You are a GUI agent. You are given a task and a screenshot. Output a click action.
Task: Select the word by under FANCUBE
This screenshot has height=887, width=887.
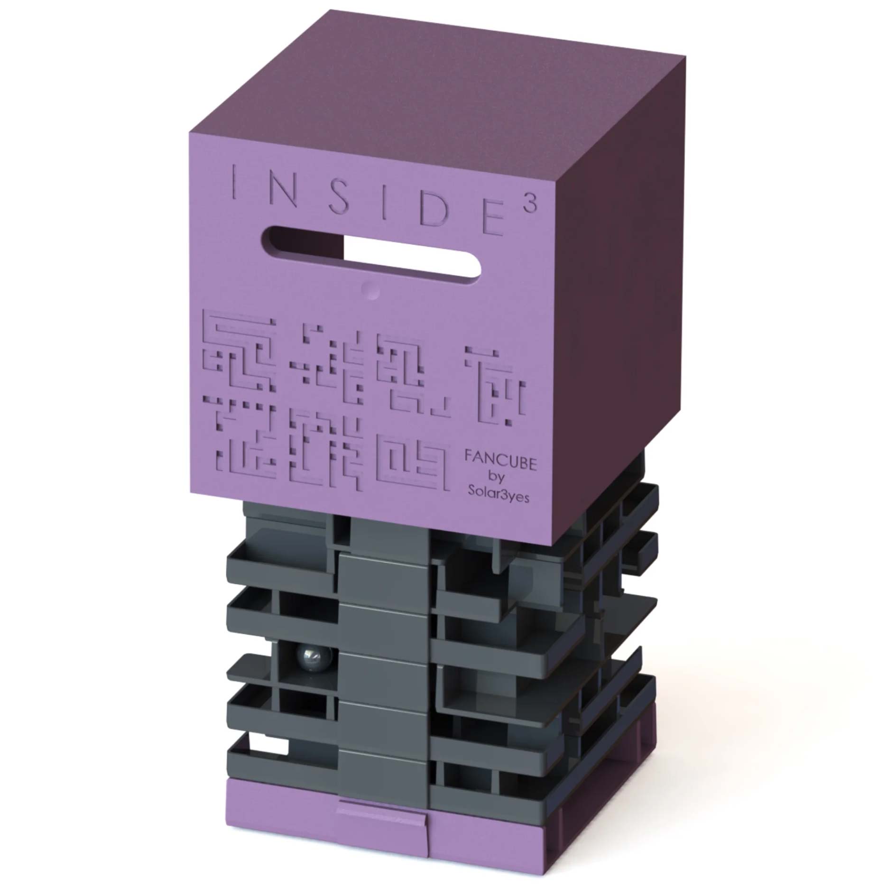click(501, 478)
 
